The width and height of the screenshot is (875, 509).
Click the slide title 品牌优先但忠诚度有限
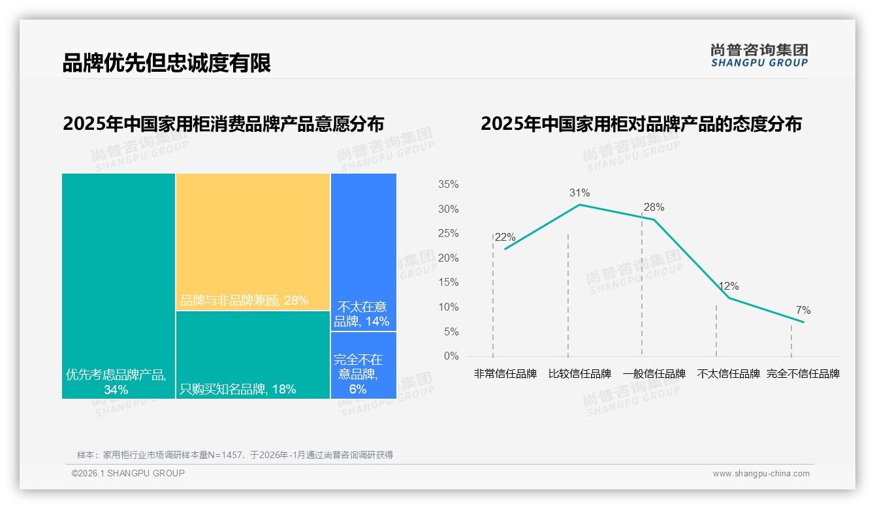click(x=167, y=63)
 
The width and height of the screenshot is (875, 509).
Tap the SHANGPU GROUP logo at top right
click(x=759, y=55)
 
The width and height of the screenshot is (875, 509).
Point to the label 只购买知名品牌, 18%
click(x=238, y=390)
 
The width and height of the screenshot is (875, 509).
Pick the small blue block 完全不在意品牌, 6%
click(x=358, y=373)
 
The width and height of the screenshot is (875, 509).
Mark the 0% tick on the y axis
click(x=451, y=356)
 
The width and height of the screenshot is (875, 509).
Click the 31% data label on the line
click(x=579, y=193)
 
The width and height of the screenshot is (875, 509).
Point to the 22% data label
click(x=505, y=238)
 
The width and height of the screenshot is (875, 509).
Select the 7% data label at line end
click(x=803, y=311)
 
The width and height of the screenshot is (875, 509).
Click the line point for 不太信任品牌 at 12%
click(x=728, y=298)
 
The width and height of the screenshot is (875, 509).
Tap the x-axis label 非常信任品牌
click(x=505, y=374)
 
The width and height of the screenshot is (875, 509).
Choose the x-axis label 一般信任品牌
click(x=654, y=374)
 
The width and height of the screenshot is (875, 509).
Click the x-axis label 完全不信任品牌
click(x=803, y=374)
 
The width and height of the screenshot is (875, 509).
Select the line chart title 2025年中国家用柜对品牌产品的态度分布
click(x=641, y=124)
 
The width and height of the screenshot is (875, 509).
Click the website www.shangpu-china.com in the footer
click(x=761, y=474)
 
